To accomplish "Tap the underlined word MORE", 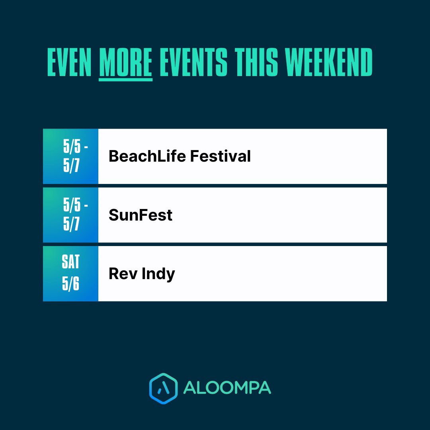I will (125, 63).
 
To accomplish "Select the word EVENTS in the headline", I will (193, 63).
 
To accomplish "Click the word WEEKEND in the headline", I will (329, 63).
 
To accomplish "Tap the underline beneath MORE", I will (125, 80).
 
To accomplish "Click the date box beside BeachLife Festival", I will (70, 156).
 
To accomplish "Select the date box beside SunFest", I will (70, 215).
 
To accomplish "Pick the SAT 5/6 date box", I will (70, 274).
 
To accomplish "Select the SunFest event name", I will (141, 215).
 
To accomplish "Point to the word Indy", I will (158, 274).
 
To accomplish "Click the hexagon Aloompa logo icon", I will (163, 388).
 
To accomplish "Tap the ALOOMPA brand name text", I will (227, 388).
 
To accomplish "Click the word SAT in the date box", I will (70, 262).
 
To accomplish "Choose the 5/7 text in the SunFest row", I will (71, 225).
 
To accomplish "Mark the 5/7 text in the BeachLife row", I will (71, 166).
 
